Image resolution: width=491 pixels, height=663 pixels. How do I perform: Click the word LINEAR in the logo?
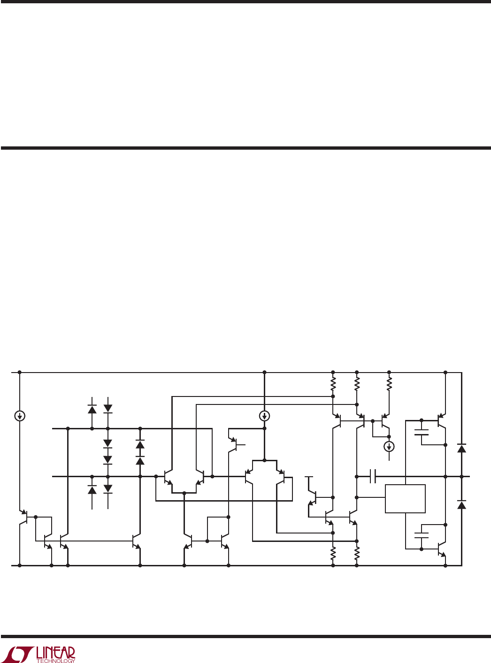pos(55,652)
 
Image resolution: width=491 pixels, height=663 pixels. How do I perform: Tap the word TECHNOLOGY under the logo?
pos(55,661)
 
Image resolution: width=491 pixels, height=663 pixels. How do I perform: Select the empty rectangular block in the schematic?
pos(405,499)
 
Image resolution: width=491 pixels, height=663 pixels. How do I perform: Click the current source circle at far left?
pos(20,416)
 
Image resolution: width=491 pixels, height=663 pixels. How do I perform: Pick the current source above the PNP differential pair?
pos(264,416)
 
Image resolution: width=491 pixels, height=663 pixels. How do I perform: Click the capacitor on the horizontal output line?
pos(373,476)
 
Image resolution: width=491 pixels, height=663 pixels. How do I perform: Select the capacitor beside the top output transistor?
pos(422,432)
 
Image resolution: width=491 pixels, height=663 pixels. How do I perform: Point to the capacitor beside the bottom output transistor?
pos(422,535)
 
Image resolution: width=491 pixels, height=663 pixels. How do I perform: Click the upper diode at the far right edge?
pos(461,448)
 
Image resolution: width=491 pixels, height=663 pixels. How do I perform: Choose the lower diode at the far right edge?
pos(461,504)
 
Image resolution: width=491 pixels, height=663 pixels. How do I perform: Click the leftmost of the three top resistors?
pos(333,384)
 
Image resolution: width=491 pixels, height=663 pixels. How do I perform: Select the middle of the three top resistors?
pos(357,384)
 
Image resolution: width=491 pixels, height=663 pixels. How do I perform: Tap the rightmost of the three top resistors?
pos(389,384)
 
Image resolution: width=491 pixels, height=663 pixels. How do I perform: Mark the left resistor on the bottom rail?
pos(333,554)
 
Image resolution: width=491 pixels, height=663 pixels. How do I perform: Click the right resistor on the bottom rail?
pos(357,554)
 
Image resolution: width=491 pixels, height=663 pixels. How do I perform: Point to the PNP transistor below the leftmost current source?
pos(24,517)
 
